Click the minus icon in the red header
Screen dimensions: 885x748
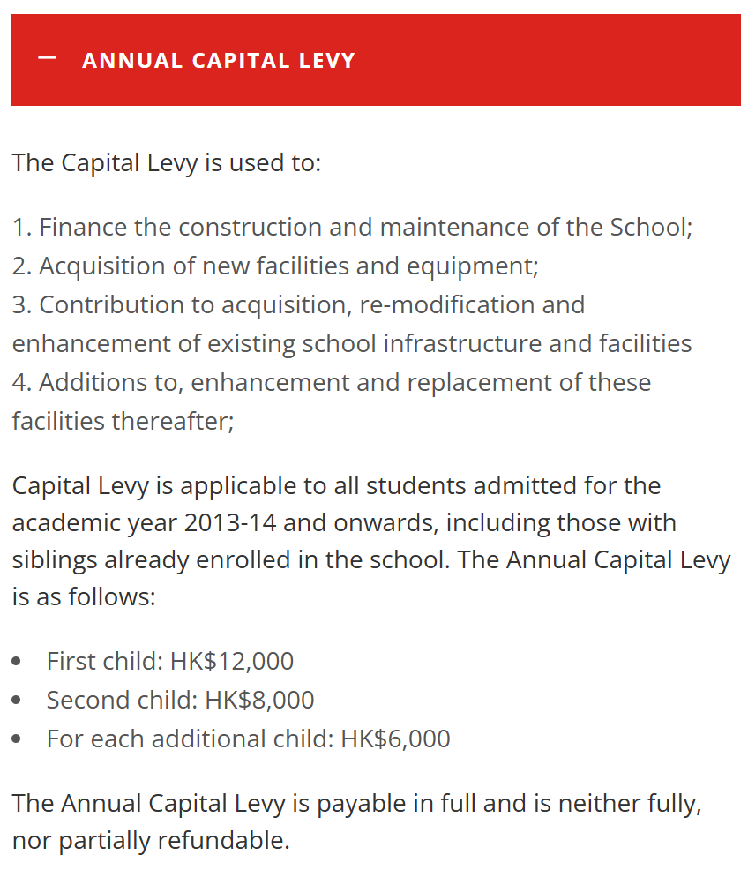click(48, 59)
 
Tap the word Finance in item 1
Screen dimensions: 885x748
click(83, 227)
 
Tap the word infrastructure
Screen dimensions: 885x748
click(462, 343)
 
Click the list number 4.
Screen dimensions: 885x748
click(19, 383)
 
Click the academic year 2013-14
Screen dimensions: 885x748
click(230, 523)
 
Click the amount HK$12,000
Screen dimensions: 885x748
click(232, 661)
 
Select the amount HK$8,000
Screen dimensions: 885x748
click(259, 700)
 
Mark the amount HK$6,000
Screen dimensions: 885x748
click(395, 739)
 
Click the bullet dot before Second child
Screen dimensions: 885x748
click(18, 701)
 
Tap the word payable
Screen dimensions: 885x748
click(363, 804)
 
